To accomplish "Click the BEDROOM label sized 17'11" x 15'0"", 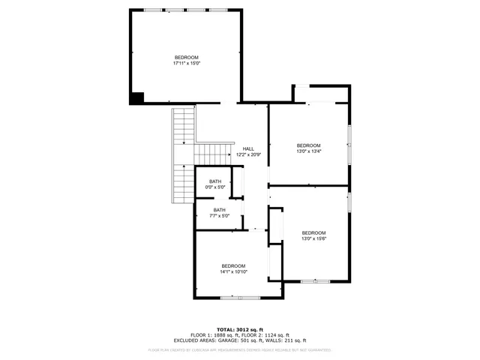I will pyautogui.click(x=187, y=58).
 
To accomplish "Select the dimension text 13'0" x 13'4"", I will pyautogui.click(x=308, y=151).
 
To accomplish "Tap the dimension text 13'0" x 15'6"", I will pyautogui.click(x=313, y=238).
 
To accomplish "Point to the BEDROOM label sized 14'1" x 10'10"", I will pyautogui.click(x=233, y=265).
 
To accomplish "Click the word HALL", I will pyautogui.click(x=248, y=148).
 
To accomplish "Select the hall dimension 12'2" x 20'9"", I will pyautogui.click(x=248, y=154).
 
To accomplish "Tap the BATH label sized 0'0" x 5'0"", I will pyautogui.click(x=215, y=181).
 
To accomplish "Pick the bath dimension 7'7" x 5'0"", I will pyautogui.click(x=219, y=216).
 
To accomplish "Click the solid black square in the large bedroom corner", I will pyautogui.click(x=137, y=97).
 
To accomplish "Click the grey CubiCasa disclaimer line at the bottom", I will pyautogui.click(x=239, y=349).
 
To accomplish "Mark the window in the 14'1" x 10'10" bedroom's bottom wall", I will pyautogui.click(x=240, y=298).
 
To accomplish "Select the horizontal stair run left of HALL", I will pyautogui.click(x=211, y=154).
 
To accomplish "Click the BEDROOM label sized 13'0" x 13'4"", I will pyautogui.click(x=308, y=145).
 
